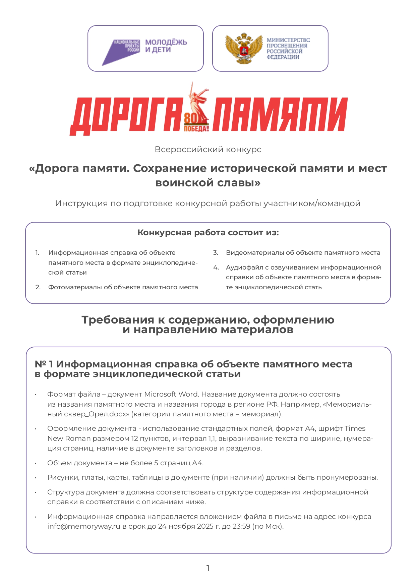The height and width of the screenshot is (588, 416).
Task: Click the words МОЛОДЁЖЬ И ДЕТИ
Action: point(166,46)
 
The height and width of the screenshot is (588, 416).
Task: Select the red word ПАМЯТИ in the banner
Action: point(280,114)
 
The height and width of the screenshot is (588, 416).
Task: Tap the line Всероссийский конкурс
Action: point(208,150)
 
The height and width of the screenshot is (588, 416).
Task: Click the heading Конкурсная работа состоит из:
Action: point(208,233)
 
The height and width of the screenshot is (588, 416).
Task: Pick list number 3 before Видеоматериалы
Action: point(216,253)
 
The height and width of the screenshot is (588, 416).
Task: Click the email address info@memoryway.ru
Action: point(83,526)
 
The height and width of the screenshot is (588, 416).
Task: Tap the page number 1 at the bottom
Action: point(208,568)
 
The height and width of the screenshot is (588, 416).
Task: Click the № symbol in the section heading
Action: point(41,364)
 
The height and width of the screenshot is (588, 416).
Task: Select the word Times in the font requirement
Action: point(355,428)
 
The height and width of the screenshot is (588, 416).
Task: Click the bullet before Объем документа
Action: point(36,463)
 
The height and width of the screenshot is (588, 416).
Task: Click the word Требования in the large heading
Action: point(118,320)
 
